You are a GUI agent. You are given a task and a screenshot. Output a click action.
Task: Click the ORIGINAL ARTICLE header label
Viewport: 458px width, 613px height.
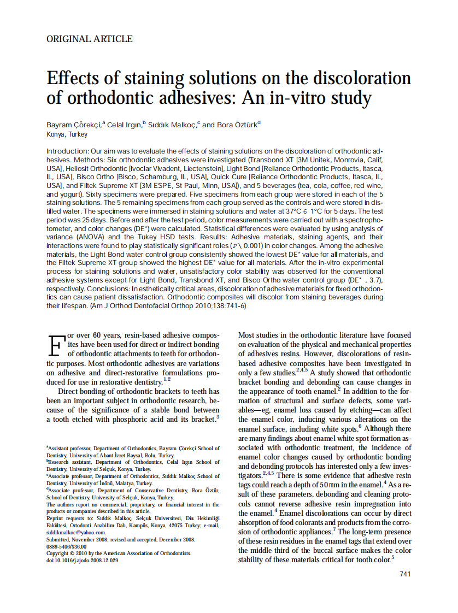90,39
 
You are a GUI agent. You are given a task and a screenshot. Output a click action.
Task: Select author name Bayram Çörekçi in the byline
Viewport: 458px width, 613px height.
74,125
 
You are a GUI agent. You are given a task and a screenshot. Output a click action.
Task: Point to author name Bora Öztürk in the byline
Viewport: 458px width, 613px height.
238,125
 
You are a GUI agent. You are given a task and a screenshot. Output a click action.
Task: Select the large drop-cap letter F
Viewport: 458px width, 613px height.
55,345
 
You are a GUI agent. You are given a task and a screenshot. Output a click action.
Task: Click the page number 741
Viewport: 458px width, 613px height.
405,574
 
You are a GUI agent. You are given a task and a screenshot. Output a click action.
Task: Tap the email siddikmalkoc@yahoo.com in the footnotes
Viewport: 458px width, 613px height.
76,532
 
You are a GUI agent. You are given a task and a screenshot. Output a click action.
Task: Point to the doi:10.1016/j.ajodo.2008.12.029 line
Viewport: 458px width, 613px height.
82,561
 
